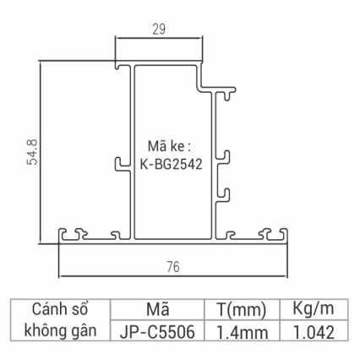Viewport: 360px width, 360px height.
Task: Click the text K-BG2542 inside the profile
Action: (x=172, y=166)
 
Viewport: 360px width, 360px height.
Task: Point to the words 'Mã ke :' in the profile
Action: (x=171, y=147)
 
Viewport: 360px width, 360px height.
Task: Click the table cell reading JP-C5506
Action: (x=158, y=332)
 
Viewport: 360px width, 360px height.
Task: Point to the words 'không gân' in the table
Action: (x=60, y=331)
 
